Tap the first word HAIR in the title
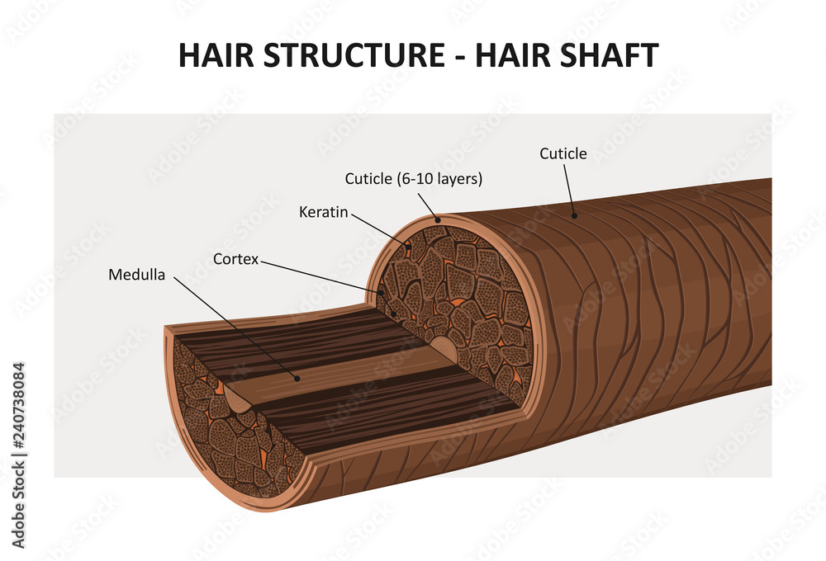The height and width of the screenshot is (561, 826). tap(216, 55)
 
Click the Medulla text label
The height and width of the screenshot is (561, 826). tap(136, 275)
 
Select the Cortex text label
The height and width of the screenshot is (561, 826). tap(235, 259)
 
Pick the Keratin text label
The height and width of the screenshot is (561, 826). tap(324, 212)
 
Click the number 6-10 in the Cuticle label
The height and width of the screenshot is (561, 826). tap(415, 178)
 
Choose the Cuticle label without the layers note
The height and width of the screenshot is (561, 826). tap(563, 153)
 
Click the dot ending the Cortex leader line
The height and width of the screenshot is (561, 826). tap(382, 292)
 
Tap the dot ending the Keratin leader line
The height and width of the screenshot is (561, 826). tap(407, 245)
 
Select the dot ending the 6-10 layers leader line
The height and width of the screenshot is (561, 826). tap(438, 219)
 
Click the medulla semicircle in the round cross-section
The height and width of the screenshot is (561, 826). tap(443, 348)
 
